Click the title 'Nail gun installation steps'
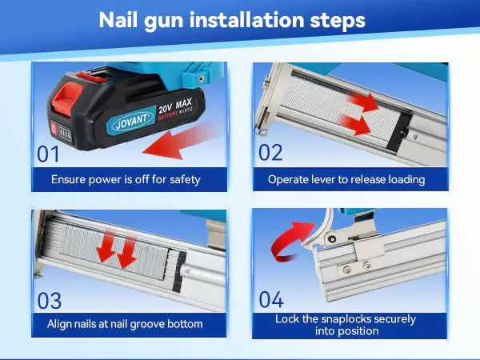click(232, 20)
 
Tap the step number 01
click(48, 154)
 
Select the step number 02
click(270, 153)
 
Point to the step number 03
click(50, 301)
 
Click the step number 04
click(271, 299)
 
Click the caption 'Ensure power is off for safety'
click(126, 179)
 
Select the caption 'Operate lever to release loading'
click(346, 179)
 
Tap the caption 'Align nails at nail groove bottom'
click(125, 324)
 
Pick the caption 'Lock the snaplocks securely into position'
click(346, 325)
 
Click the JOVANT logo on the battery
click(131, 120)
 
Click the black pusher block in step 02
click(399, 131)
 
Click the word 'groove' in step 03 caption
click(149, 325)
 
